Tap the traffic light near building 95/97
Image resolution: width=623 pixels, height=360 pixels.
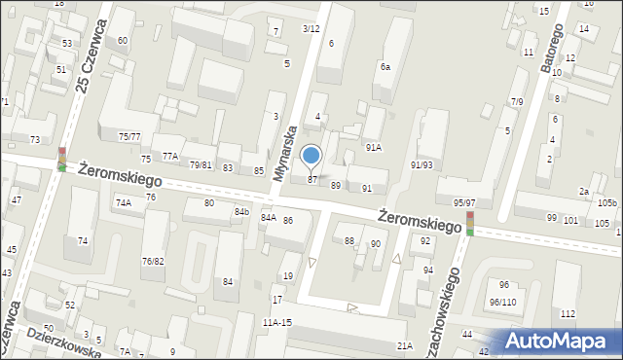(469, 223)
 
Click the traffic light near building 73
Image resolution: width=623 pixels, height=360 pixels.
(62, 159)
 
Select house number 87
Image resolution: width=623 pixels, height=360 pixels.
(312, 180)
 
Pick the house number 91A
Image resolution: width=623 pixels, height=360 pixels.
(373, 148)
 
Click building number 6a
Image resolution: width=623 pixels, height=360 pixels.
(385, 66)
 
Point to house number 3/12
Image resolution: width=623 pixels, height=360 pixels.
(311, 28)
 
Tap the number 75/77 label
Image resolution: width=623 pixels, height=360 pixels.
(129, 137)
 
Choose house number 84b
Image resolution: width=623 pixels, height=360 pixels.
(241, 211)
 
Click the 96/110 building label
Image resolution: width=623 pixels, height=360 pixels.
(502, 303)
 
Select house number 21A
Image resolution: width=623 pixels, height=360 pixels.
(405, 345)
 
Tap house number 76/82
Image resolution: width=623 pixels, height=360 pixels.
(153, 261)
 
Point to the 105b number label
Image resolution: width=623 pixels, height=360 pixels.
(607, 202)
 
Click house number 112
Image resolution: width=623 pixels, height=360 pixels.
(568, 313)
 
